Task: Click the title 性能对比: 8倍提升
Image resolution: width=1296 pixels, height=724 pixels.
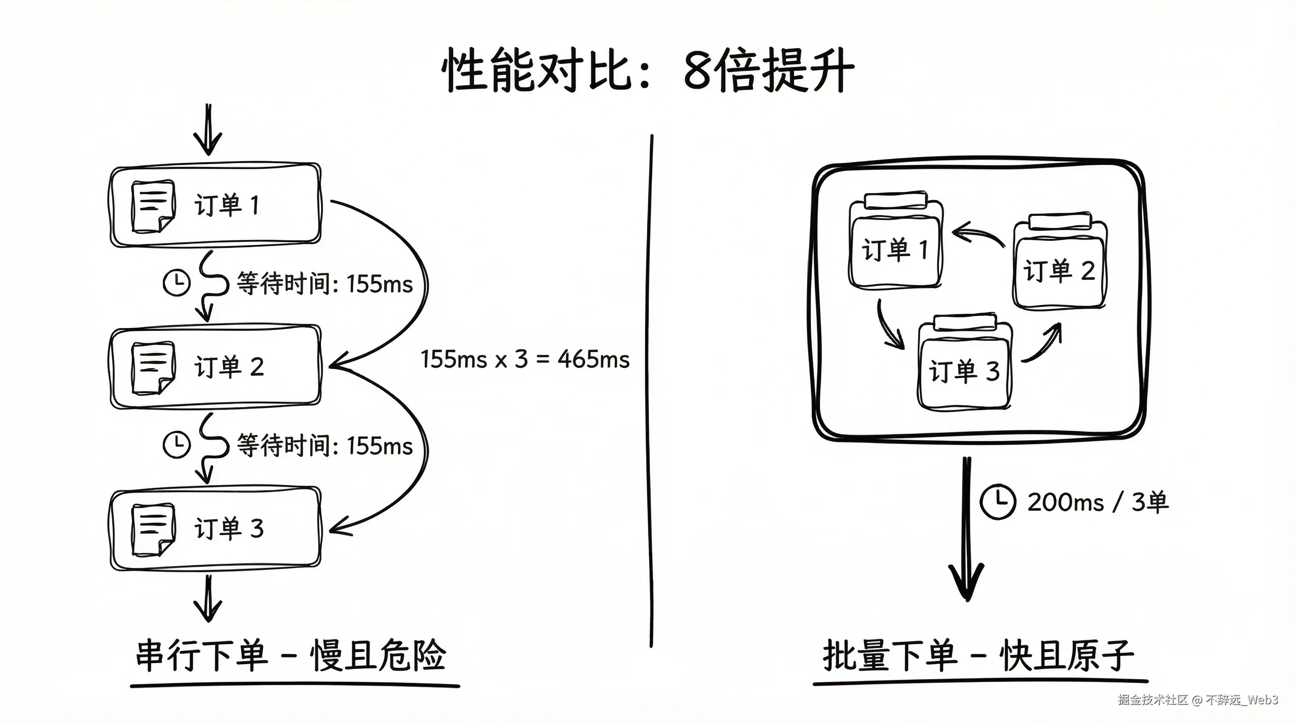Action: click(648, 71)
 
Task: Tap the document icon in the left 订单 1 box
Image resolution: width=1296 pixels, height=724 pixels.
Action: click(153, 206)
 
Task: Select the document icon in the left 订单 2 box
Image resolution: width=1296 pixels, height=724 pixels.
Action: click(153, 368)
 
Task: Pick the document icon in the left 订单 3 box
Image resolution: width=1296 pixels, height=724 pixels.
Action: click(153, 530)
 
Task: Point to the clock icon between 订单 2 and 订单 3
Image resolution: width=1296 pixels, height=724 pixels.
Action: click(177, 444)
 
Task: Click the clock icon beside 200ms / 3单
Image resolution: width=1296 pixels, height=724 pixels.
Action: click(997, 502)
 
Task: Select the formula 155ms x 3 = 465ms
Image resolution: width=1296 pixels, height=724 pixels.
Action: click(525, 360)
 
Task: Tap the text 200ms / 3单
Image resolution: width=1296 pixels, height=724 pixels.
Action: click(1098, 502)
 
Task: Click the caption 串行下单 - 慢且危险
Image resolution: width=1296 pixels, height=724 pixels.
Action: click(291, 656)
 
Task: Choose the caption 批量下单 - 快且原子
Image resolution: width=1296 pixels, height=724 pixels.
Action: click(978, 656)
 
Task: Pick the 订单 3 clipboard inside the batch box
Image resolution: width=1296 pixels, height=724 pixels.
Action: click(964, 362)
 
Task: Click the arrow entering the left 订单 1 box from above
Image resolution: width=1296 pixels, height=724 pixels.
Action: click(208, 130)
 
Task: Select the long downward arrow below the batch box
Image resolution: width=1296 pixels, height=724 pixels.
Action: click(966, 529)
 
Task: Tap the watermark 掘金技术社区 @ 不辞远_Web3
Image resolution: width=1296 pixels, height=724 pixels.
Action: click(1198, 699)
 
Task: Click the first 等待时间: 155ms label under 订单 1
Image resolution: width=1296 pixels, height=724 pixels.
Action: click(324, 283)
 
